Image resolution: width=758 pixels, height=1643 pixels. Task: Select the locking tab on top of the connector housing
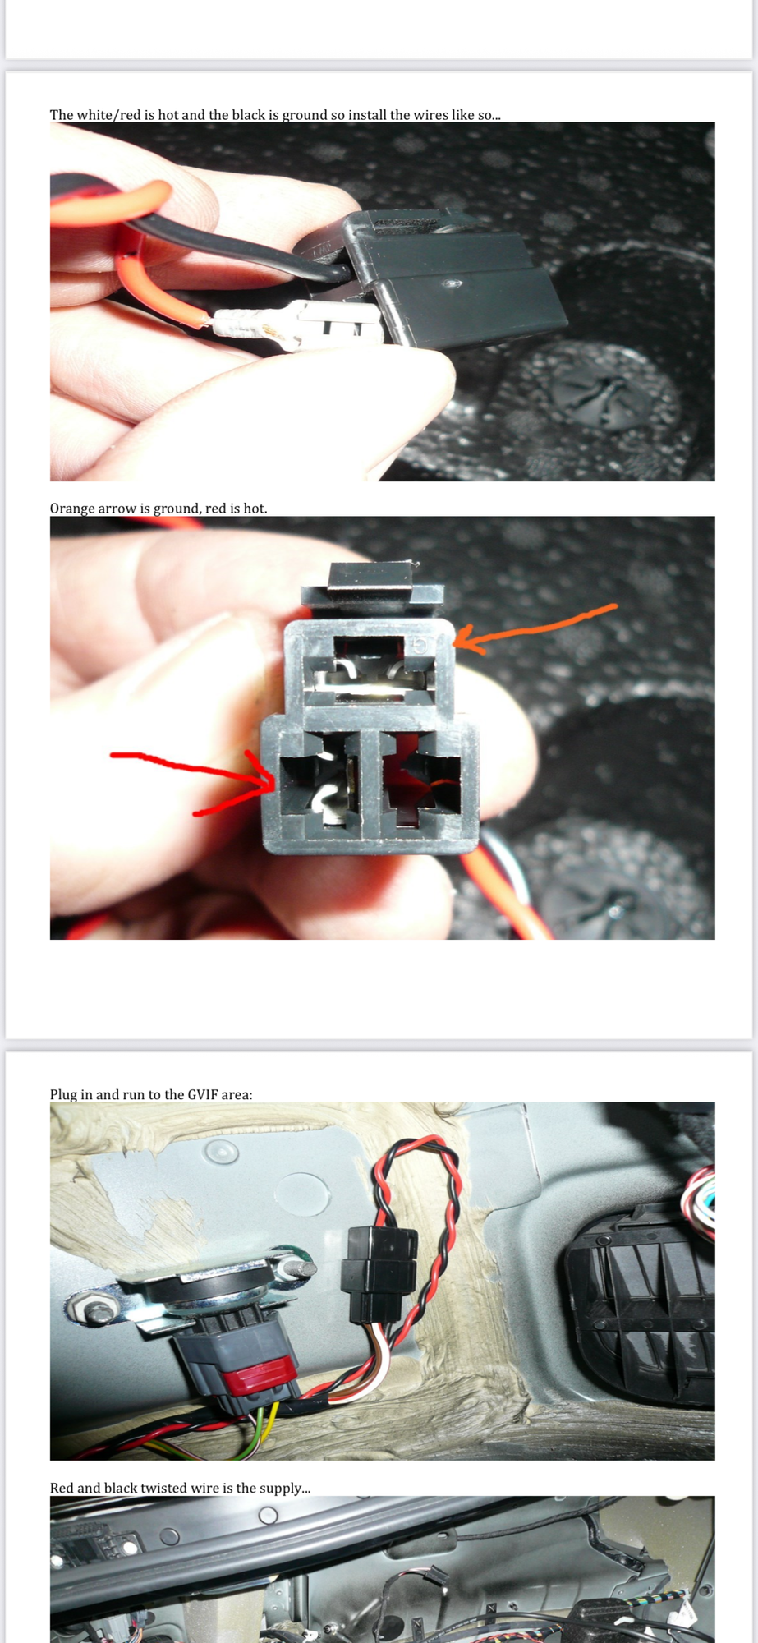pyautogui.click(x=371, y=576)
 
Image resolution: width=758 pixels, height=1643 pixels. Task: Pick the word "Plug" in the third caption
pyautogui.click(x=65, y=1094)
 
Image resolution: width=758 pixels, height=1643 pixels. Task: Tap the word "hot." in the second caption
pyautogui.click(x=255, y=509)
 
